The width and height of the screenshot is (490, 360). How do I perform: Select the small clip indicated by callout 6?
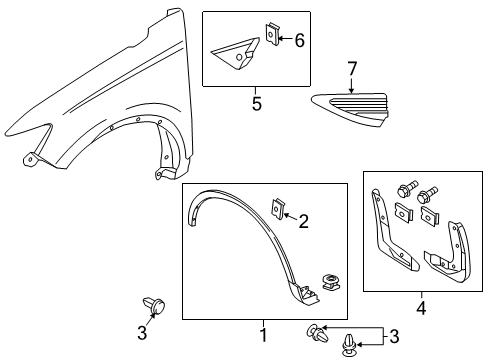point(270,36)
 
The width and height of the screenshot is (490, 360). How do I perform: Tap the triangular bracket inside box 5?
point(237,54)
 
